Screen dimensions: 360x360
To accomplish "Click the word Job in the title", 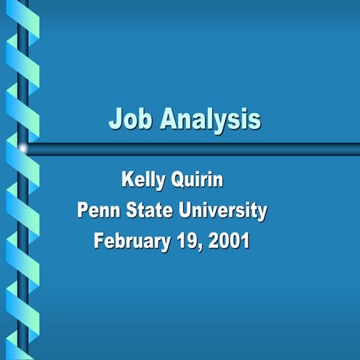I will (x=130, y=119).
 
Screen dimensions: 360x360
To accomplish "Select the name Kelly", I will (x=145, y=181).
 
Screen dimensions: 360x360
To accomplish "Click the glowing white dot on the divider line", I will (x=23, y=148).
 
